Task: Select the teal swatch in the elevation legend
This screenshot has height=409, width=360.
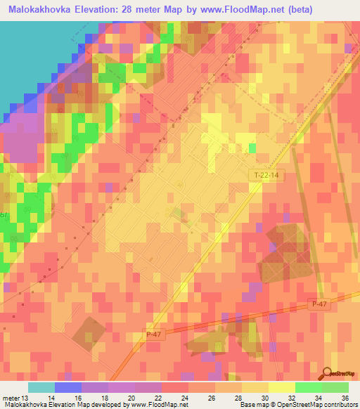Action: pos(41,387)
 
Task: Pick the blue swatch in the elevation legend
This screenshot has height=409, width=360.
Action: pos(68,387)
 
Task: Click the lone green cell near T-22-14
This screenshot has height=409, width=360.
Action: pos(252,148)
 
